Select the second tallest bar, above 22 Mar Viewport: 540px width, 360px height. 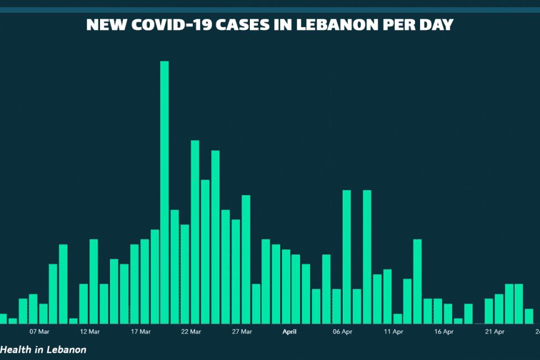(x=195, y=232)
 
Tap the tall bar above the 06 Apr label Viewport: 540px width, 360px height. (x=347, y=257)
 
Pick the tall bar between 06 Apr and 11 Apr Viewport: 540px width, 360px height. (x=367, y=257)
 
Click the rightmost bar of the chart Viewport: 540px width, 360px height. (x=528, y=316)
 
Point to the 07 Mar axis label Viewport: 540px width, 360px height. (x=39, y=332)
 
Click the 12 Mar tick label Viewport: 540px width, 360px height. (x=90, y=332)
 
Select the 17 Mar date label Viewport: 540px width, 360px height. (x=140, y=332)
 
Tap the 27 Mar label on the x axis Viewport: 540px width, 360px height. (x=242, y=332)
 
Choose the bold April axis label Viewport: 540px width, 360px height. (x=290, y=332)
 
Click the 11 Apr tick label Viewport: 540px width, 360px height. (x=394, y=332)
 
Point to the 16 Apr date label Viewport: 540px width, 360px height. (x=444, y=332)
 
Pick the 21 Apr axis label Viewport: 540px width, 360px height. (x=495, y=332)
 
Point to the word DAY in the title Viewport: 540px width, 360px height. (x=436, y=25)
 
